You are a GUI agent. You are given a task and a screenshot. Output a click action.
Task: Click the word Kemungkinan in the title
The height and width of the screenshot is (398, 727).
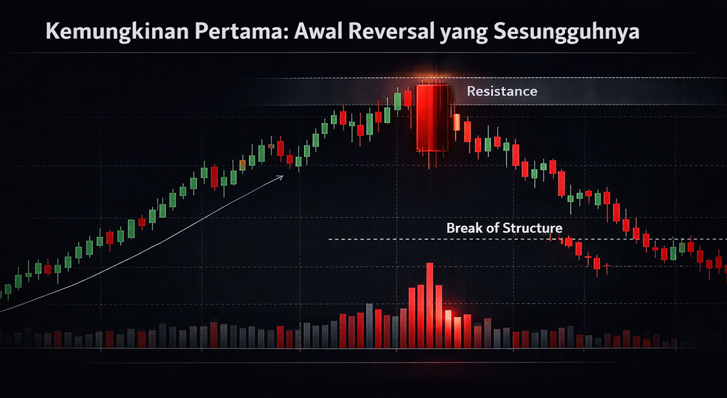[x=117, y=33]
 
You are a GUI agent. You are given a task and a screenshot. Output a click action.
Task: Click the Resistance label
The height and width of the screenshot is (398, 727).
[x=502, y=91]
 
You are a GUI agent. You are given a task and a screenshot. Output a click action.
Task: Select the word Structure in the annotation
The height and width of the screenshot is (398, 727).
[x=533, y=228]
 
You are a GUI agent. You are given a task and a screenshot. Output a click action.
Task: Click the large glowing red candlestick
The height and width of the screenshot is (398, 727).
[x=433, y=118]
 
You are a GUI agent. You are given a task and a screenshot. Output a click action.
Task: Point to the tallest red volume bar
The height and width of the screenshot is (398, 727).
[x=430, y=305]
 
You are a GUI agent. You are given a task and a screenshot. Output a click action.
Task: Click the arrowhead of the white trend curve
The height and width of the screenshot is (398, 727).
[x=281, y=177]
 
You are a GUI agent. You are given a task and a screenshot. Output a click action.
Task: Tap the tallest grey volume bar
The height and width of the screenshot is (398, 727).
[x=370, y=325]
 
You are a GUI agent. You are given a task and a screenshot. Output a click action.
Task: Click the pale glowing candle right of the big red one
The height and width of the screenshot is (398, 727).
[x=456, y=122]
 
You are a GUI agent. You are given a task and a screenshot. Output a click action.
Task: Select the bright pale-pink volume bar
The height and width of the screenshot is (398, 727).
[x=448, y=329]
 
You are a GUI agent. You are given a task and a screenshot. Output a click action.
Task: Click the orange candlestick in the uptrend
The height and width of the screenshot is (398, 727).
[x=242, y=165]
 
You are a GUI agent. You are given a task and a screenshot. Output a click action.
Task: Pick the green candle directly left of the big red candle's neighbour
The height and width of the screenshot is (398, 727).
[x=397, y=101]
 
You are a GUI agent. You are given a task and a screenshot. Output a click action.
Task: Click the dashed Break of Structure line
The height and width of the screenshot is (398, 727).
[x=528, y=239]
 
